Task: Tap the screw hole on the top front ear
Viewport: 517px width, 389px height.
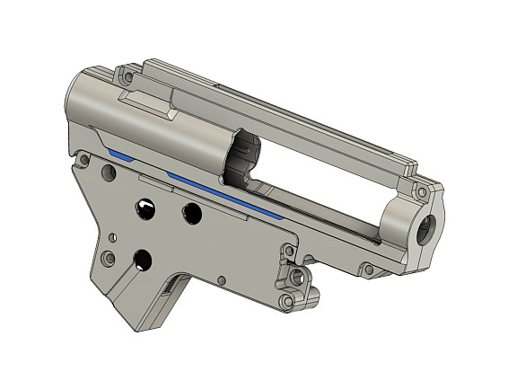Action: [x=420, y=190]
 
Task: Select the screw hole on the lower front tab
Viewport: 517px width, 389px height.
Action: [x=368, y=269]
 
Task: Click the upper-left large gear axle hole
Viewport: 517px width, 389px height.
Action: [x=145, y=209]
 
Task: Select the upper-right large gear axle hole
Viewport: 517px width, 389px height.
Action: [x=191, y=213]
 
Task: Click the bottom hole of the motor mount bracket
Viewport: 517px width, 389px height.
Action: [x=287, y=301]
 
